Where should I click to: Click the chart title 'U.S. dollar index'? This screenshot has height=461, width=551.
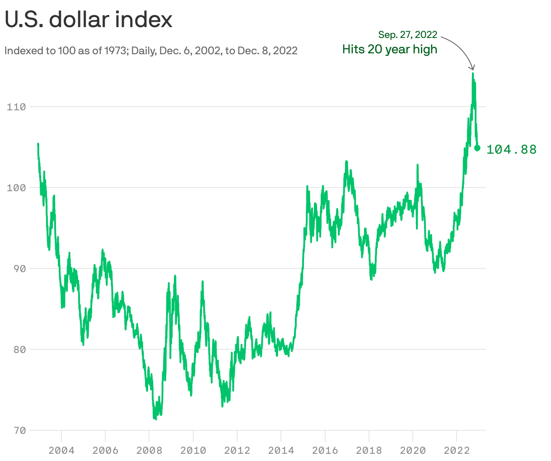pyautogui.click(x=89, y=20)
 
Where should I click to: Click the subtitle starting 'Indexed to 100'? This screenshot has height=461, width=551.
pyautogui.click(x=151, y=51)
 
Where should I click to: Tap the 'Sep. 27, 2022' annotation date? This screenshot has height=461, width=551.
pyautogui.click(x=407, y=35)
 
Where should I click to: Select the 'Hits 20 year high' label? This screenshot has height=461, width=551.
pyautogui.click(x=389, y=49)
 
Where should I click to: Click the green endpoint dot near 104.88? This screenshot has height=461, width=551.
pyautogui.click(x=477, y=148)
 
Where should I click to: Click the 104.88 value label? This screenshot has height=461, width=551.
pyautogui.click(x=511, y=149)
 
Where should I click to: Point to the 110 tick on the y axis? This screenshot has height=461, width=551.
pyautogui.click(x=16, y=107)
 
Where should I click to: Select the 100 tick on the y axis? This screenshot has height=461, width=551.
pyautogui.click(x=16, y=188)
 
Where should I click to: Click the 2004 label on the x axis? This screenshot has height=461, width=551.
pyautogui.click(x=61, y=450)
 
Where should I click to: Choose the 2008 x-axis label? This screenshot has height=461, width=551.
pyautogui.click(x=149, y=450)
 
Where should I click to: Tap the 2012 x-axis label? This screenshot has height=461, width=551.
pyautogui.click(x=237, y=450)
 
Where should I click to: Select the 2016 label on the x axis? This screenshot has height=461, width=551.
pyautogui.click(x=325, y=450)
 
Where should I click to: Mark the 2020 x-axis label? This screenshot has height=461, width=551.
pyautogui.click(x=413, y=450)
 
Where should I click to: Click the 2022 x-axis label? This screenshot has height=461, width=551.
pyautogui.click(x=457, y=450)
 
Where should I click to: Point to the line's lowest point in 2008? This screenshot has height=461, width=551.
pyautogui.click(x=155, y=419)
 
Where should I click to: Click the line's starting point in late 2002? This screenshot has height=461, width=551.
pyautogui.click(x=38, y=144)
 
